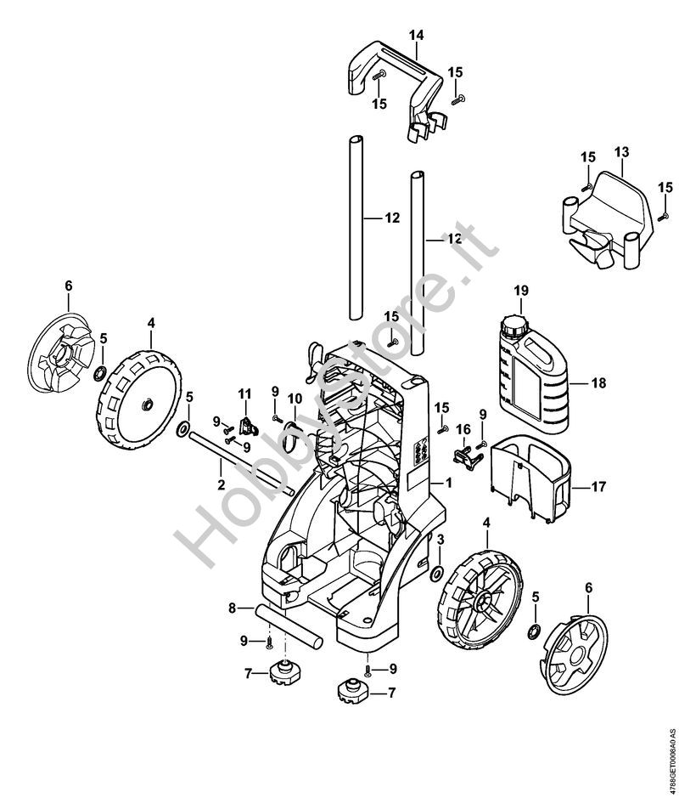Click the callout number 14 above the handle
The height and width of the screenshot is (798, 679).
tap(415, 35)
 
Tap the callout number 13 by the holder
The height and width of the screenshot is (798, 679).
tap(621, 152)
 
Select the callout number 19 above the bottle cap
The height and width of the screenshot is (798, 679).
tap(519, 291)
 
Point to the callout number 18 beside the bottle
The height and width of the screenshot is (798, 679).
tap(598, 383)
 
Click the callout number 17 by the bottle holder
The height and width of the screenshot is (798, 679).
tap(598, 488)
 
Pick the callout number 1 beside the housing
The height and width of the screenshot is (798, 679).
tap(450, 483)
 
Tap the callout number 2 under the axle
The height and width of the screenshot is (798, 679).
tap(221, 486)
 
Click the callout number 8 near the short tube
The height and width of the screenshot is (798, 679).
tap(231, 608)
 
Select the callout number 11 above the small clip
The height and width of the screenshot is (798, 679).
tap(245, 393)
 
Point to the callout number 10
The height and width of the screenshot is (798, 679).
tap(295, 399)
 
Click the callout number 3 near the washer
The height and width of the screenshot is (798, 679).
tap(441, 540)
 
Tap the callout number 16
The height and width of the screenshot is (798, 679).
tap(463, 428)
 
